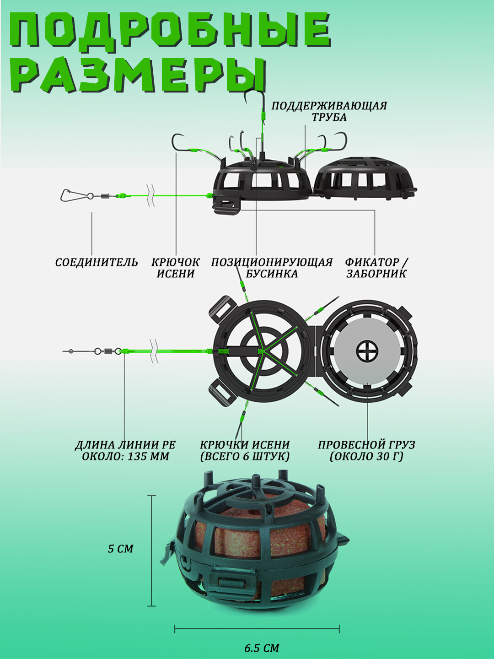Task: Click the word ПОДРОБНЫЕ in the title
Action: (x=170, y=30)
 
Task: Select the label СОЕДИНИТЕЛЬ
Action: (x=97, y=262)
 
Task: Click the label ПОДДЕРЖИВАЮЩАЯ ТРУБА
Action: (x=329, y=111)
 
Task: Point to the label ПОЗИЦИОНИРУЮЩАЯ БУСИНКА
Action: (x=272, y=268)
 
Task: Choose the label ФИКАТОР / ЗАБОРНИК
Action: (x=376, y=268)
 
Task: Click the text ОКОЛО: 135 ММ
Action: (x=125, y=457)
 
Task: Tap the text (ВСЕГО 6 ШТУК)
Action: (x=245, y=457)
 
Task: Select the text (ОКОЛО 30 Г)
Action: (x=366, y=457)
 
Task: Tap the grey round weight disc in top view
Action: (x=367, y=351)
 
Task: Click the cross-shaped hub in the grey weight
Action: (x=367, y=351)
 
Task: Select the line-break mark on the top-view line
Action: (x=154, y=351)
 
